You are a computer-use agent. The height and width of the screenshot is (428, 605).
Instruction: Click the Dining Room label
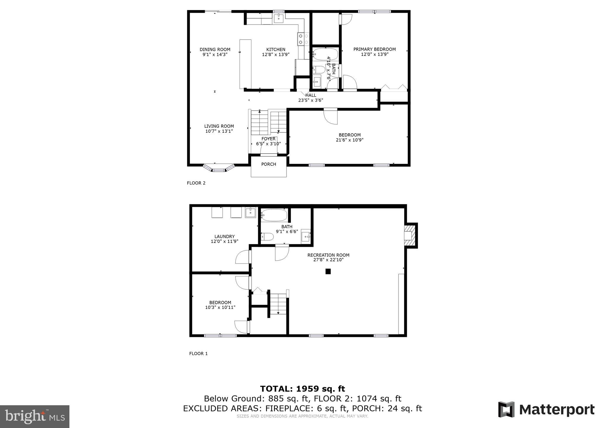pos(215,49)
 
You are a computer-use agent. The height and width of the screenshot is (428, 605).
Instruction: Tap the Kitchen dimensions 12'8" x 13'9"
pos(276,54)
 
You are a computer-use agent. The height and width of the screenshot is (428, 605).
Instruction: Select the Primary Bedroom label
pos(374,49)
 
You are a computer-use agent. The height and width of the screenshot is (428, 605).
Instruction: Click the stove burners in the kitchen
pos(303,39)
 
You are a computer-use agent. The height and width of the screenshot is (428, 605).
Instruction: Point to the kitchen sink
pos(279,18)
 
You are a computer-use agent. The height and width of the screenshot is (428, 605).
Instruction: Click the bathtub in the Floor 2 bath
pos(325,54)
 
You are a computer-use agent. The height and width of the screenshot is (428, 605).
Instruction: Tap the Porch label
pos(269,164)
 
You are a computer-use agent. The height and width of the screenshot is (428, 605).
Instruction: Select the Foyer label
pos(268,139)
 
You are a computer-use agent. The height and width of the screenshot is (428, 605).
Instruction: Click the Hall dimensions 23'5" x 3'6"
pos(310,100)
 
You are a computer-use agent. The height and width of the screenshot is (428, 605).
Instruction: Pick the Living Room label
pos(219,126)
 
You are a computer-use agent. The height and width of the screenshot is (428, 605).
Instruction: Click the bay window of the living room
pos(219,169)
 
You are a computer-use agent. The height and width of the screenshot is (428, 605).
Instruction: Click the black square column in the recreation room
pos(328,271)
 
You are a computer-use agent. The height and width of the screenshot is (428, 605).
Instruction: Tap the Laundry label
pos(225,236)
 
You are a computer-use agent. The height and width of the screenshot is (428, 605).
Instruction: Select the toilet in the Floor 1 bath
pos(267,237)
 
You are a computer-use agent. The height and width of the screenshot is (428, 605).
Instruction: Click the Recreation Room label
pos(328,255)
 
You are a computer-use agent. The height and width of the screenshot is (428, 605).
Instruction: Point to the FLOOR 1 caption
pos(198,354)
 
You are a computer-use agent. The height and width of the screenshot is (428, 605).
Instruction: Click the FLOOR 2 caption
pos(196,183)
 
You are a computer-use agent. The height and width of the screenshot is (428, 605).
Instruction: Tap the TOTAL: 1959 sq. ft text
pos(302,389)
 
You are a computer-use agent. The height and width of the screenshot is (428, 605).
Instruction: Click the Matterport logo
pos(546,410)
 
